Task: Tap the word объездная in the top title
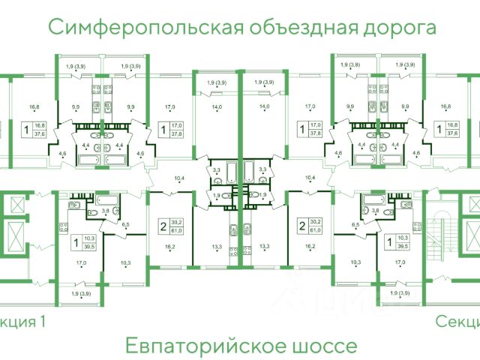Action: (295, 28)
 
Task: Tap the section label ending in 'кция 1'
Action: (22, 322)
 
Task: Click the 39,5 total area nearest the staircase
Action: (403, 245)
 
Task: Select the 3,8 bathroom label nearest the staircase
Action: (375, 211)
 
